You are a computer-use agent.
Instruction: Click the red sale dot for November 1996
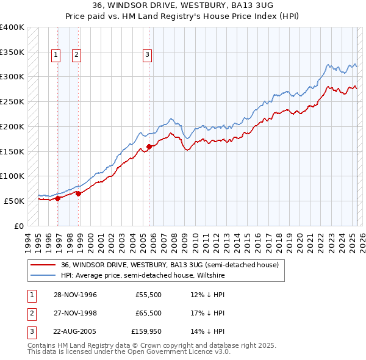click(58, 198)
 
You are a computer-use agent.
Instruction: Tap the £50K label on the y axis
click(15, 201)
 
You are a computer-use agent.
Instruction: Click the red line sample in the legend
click(43, 265)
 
